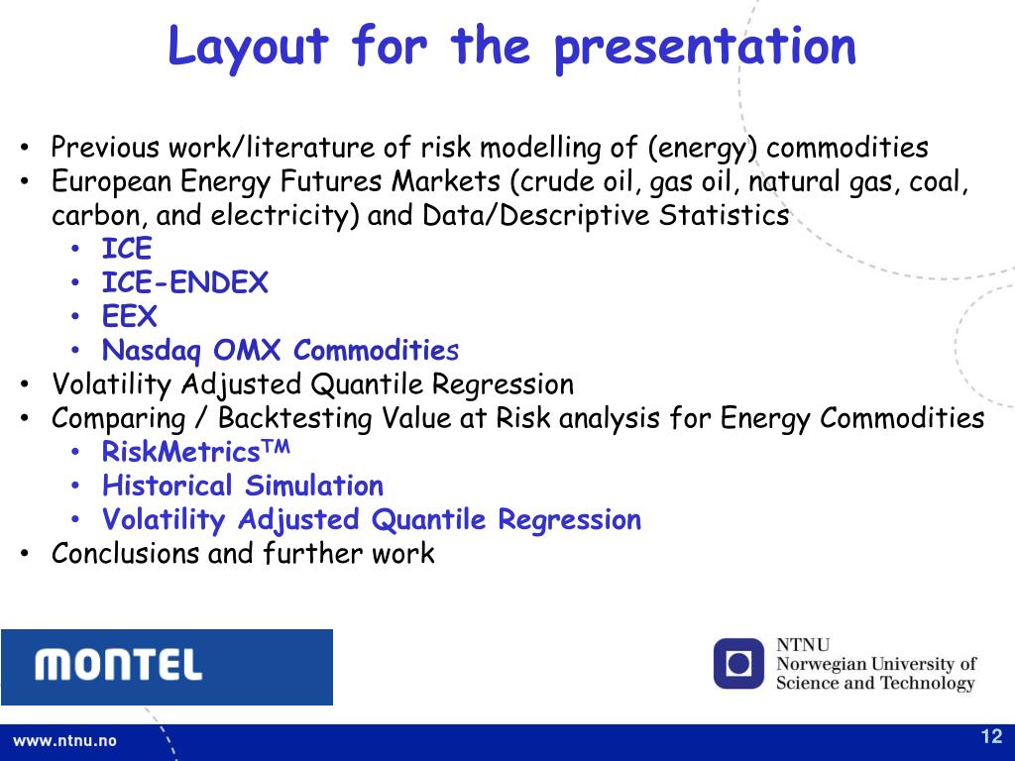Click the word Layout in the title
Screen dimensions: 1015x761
coord(248,47)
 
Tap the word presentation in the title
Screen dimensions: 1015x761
coord(706,47)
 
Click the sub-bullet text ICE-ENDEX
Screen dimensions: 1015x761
coord(184,282)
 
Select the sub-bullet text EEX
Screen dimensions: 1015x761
coord(130,316)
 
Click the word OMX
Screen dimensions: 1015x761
coord(247,350)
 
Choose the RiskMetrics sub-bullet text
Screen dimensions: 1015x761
coord(195,452)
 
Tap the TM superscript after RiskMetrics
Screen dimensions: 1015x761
coord(276,446)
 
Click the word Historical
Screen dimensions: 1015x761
coord(167,486)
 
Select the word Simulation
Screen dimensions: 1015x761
coord(314,486)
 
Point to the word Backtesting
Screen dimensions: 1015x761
coord(294,419)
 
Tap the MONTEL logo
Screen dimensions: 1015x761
coord(167,667)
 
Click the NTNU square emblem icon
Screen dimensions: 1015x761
coord(739,664)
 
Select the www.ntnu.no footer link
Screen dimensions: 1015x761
coord(64,741)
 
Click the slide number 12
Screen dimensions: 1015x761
coord(991,736)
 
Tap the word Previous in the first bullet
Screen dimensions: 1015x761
coord(105,147)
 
